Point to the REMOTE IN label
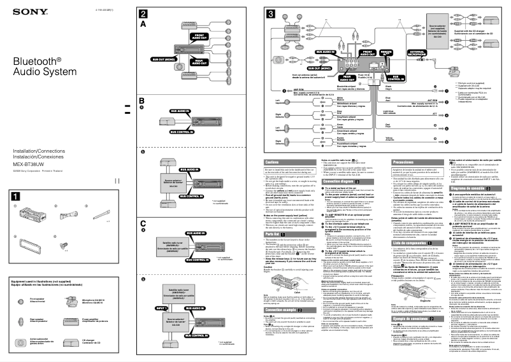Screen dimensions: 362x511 pyautogui.click(x=386, y=51)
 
